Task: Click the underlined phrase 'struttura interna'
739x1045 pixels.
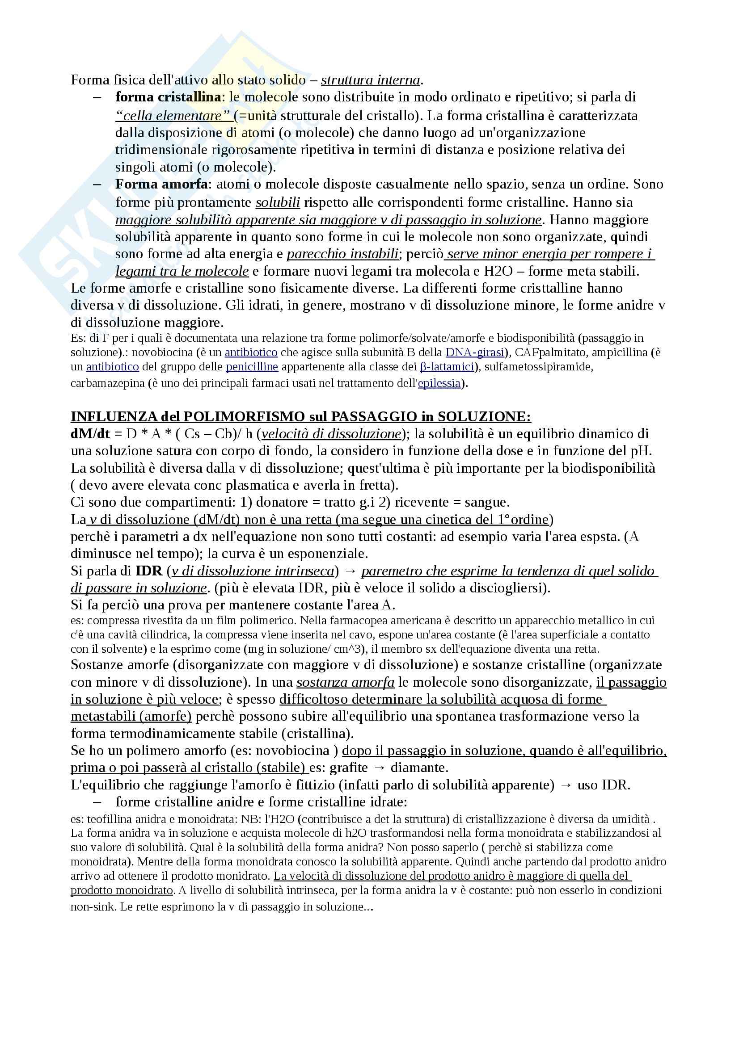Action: point(370,80)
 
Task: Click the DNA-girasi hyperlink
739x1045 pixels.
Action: point(475,352)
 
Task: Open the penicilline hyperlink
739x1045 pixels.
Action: point(252,366)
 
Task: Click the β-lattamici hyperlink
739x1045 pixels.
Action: point(447,366)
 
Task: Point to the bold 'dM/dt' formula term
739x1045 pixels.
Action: point(90,434)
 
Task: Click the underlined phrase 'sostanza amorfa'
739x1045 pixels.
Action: point(345,682)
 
